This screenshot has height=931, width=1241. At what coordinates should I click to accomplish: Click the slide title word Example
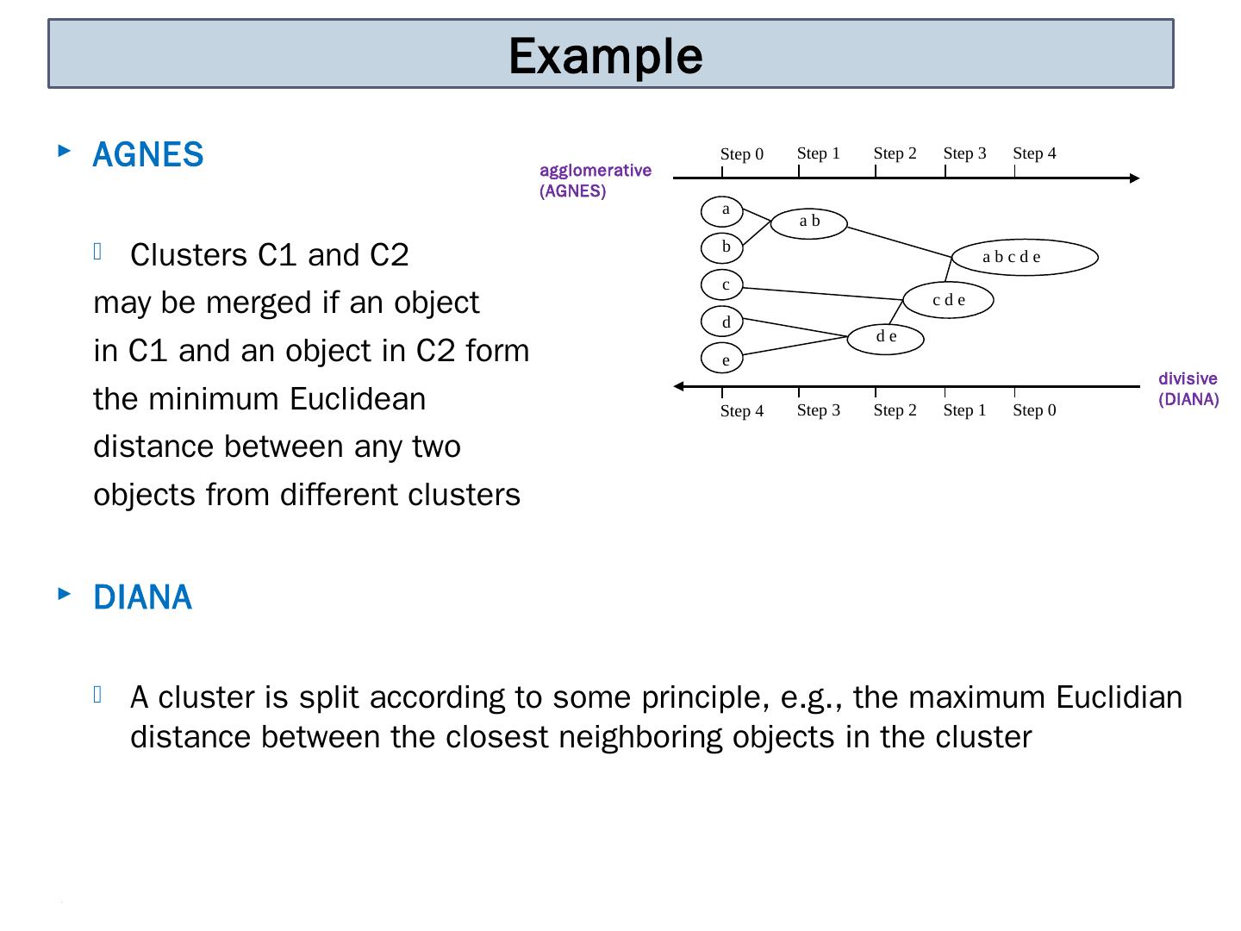605,56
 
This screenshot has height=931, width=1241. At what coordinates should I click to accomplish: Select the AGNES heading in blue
147,155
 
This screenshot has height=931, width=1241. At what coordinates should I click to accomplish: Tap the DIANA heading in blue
142,597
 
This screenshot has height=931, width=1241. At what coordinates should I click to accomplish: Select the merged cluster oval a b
809,222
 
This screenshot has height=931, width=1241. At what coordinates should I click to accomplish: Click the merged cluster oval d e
886,338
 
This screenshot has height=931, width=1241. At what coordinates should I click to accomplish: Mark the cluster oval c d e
948,300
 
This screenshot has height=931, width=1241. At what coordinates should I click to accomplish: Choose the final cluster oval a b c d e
1024,257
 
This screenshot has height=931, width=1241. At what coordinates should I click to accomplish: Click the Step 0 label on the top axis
741,154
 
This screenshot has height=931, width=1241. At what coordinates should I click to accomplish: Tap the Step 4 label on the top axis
1034,153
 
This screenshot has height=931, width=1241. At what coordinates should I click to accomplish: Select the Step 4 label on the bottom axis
741,411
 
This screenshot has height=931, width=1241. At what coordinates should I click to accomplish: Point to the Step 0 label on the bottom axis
1034,410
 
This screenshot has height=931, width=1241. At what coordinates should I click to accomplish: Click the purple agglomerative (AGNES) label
595,181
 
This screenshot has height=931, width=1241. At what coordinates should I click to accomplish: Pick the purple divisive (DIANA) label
1188,389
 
